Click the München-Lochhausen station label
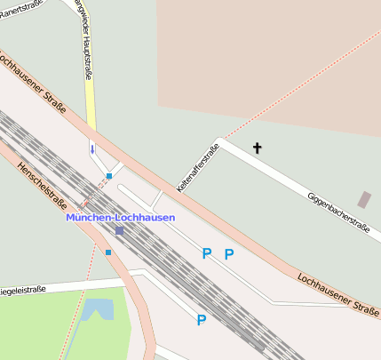(120, 217)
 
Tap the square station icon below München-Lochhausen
(120, 231)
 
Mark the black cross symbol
(258, 148)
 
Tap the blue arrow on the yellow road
(91, 148)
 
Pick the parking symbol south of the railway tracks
(201, 320)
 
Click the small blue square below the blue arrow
(108, 176)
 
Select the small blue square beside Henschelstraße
(108, 252)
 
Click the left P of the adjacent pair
(206, 254)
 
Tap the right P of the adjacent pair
(228, 254)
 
